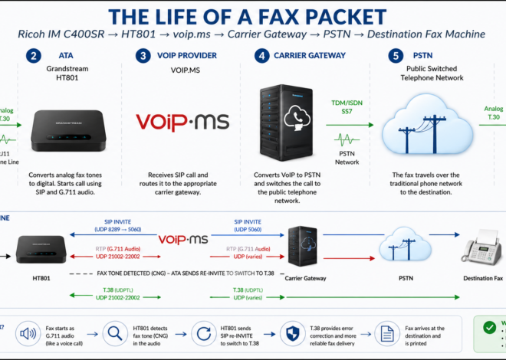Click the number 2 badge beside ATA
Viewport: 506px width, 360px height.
click(33, 56)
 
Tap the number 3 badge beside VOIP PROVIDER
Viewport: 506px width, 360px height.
click(143, 56)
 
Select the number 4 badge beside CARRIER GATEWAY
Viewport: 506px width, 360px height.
click(261, 56)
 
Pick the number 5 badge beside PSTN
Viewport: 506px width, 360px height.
click(395, 56)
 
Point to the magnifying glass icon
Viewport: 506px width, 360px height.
click(113, 333)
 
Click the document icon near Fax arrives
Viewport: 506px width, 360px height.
click(387, 333)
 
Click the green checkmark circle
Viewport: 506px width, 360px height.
click(489, 327)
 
